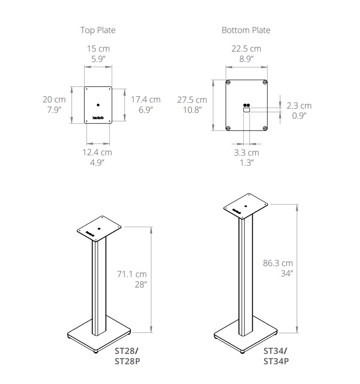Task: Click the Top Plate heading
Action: click(x=98, y=30)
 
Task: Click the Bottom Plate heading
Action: click(x=246, y=30)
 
